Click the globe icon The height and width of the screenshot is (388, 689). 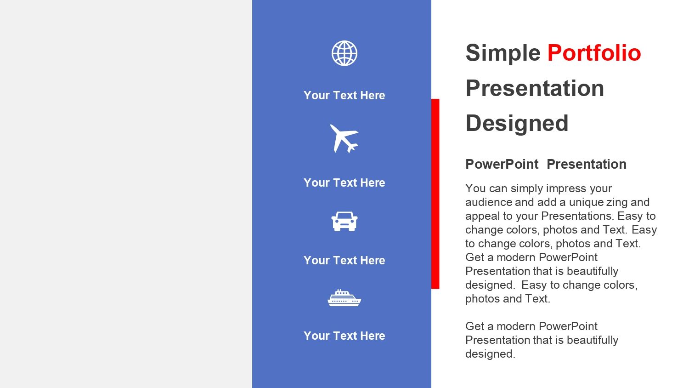(344, 53)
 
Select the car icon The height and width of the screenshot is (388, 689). (344, 221)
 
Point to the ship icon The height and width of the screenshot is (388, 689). (344, 298)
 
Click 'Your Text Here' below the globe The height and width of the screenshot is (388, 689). (344, 96)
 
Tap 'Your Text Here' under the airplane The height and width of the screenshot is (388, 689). (344, 183)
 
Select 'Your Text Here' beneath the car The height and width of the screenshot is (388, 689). (344, 261)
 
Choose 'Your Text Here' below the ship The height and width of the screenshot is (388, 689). (344, 336)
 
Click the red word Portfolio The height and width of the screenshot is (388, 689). (594, 53)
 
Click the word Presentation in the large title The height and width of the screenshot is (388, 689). (535, 88)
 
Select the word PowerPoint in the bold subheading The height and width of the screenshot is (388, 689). (502, 164)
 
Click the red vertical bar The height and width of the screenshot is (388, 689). (435, 194)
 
